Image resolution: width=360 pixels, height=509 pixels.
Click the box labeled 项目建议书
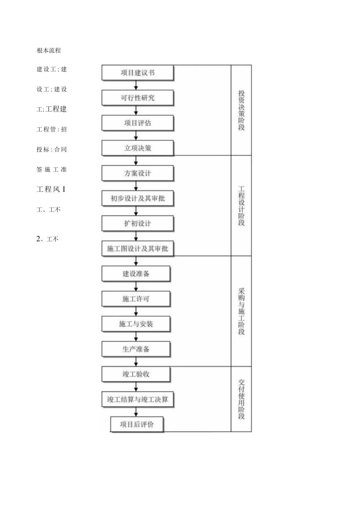tap(137, 73)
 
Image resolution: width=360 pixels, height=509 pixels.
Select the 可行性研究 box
tap(137, 98)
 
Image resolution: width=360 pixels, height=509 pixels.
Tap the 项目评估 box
tap(137, 123)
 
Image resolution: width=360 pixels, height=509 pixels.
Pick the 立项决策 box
tap(137, 148)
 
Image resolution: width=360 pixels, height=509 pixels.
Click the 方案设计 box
tap(137, 173)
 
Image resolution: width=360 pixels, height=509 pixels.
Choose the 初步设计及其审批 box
tap(137, 198)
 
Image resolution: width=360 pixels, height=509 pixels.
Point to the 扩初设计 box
tap(137, 223)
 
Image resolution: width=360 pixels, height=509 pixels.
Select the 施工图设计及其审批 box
tap(137, 248)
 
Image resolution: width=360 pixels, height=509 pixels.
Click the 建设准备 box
tap(136, 274)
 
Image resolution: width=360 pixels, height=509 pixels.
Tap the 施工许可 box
tap(136, 299)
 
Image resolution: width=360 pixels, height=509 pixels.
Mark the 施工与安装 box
tap(136, 324)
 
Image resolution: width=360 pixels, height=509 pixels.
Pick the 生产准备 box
tap(136, 349)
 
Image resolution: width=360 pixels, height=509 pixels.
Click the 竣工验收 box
tap(136, 374)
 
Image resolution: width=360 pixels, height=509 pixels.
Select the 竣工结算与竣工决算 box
tap(137, 399)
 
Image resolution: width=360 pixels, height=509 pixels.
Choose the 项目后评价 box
tap(137, 424)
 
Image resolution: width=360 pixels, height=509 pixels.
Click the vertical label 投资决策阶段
tap(241, 110)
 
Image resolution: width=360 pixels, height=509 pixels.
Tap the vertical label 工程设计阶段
tap(241, 205)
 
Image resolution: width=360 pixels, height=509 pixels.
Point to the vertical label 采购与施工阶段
tap(241, 311)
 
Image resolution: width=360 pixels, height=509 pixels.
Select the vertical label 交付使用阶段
tap(241, 399)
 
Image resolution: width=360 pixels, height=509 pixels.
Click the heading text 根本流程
tap(49, 50)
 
